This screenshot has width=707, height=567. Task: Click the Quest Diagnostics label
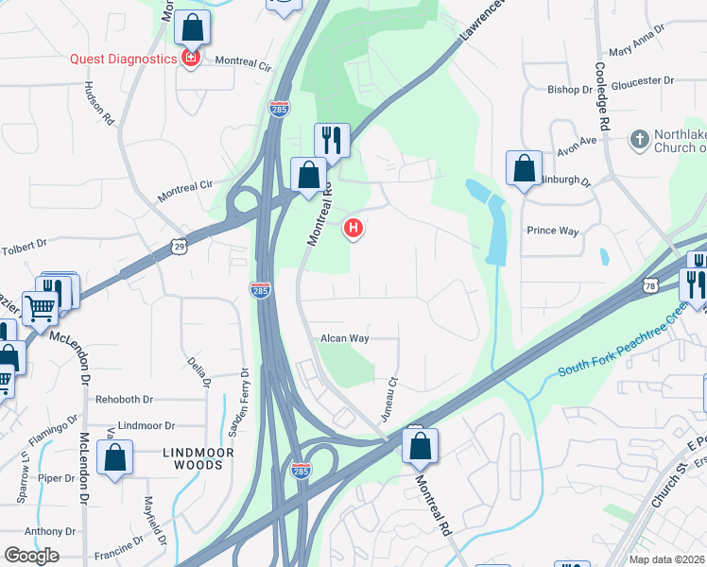[x=124, y=59]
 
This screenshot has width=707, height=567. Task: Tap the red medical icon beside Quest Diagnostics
[x=191, y=59]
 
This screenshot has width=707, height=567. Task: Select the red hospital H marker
[x=354, y=228]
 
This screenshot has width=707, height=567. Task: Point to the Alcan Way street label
[x=344, y=337]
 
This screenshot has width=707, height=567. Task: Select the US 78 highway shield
[x=649, y=285]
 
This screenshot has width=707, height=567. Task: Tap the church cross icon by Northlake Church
[x=639, y=139]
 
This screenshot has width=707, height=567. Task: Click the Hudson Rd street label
[x=100, y=101]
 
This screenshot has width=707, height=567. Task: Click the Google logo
[x=31, y=556]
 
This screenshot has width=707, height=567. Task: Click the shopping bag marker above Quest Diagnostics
[x=193, y=29]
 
